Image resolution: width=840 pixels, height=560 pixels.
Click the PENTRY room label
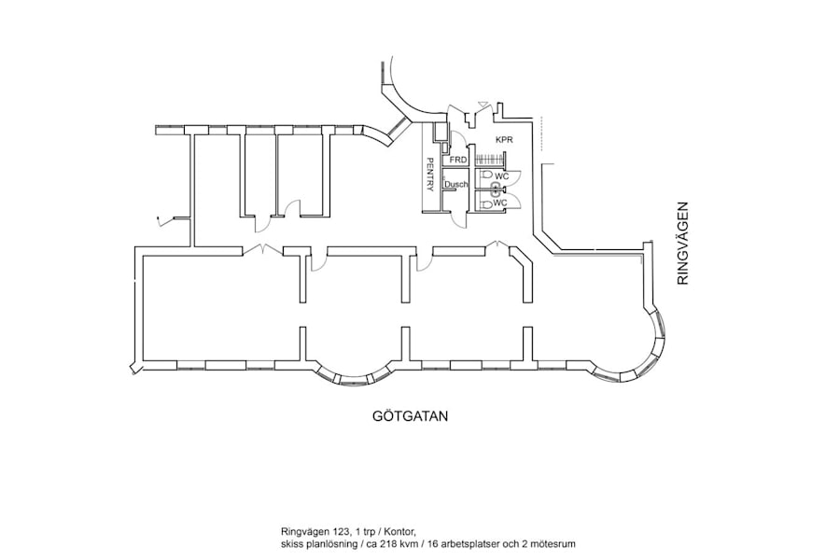pyautogui.click(x=430, y=175)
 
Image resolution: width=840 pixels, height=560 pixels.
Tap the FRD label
pyautogui.click(x=457, y=160)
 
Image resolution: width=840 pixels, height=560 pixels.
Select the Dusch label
pyautogui.click(x=456, y=185)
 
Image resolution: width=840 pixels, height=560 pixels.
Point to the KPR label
pyautogui.click(x=505, y=140)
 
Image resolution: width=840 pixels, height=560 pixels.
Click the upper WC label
pyautogui.click(x=501, y=175)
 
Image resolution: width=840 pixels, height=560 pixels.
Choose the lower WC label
pyautogui.click(x=500, y=202)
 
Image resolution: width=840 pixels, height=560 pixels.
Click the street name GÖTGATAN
pyautogui.click(x=404, y=416)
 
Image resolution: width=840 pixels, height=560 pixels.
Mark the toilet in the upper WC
pyautogui.click(x=485, y=175)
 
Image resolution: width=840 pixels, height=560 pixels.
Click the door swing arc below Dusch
pyautogui.click(x=458, y=217)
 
